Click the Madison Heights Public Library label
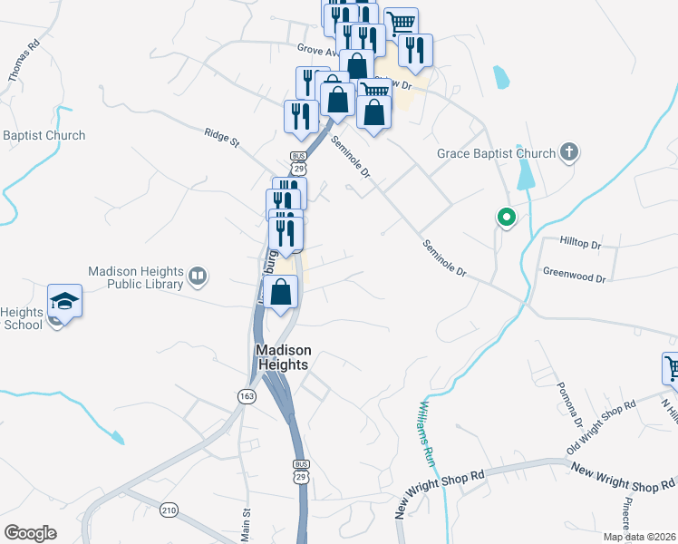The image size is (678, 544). (135, 277)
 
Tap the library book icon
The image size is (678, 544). (197, 275)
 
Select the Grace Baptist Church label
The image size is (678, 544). (496, 153)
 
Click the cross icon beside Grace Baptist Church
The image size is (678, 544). (569, 151)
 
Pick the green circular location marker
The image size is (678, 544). (505, 218)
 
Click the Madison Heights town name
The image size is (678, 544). (283, 357)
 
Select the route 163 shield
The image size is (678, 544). (247, 396)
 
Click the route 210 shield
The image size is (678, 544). (169, 510)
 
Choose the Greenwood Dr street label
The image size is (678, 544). (574, 272)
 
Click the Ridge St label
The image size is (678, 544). (221, 138)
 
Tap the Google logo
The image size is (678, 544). (30, 533)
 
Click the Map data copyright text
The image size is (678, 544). (639, 537)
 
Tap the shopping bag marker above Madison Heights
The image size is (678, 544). (282, 293)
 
